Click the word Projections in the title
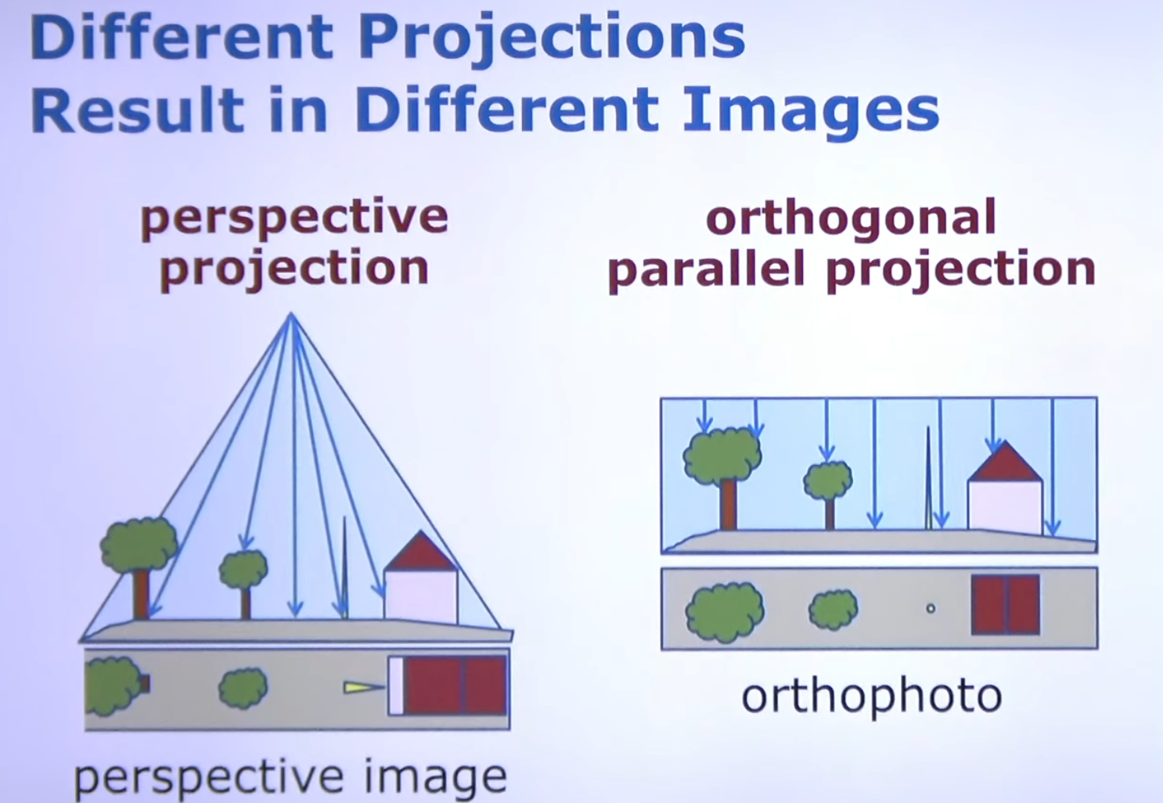552,40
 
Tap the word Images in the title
811,112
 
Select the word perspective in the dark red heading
294,219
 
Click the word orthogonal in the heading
851,219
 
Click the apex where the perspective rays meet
291,314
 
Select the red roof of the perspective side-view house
420,551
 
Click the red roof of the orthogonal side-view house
1005,462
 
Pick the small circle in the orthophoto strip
931,608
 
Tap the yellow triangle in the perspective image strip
363,688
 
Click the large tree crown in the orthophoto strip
725,613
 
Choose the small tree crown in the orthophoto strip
833,610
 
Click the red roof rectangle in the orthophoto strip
1005,605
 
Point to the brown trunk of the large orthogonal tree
728,504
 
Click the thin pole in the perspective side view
344,567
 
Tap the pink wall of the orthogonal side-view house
1005,506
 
